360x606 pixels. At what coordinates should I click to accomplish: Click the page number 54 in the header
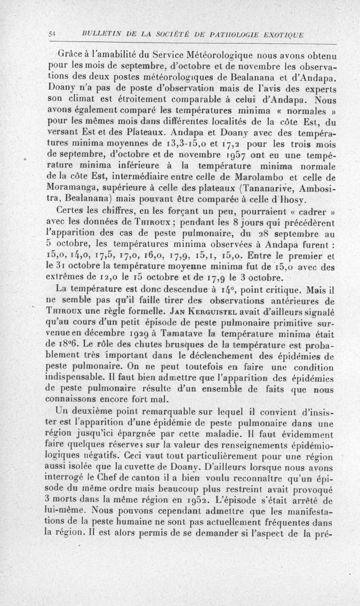[x=52, y=35]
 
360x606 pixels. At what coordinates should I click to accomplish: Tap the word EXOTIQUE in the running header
[x=283, y=35]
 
